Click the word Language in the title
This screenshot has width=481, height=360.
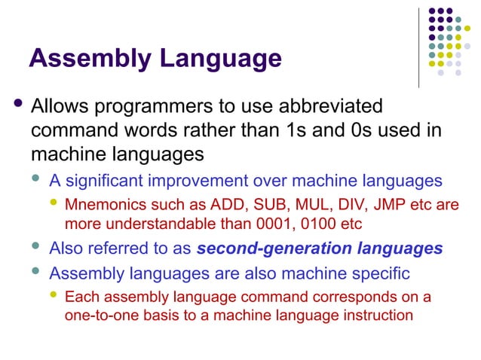pos(218,59)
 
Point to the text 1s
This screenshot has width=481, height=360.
pos(311,130)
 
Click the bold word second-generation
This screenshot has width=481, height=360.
pos(259,249)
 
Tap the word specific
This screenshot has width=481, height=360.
pos(386,271)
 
